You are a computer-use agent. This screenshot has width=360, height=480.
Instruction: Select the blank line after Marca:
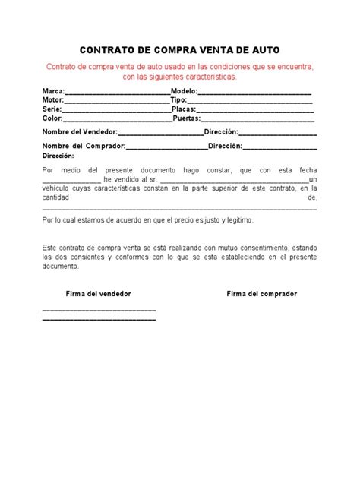click(118, 91)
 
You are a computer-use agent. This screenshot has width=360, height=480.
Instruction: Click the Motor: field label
click(52, 100)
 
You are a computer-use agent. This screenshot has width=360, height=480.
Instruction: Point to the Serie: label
click(52, 109)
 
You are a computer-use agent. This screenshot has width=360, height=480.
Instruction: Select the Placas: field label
click(185, 109)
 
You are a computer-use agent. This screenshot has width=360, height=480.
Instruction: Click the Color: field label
click(52, 118)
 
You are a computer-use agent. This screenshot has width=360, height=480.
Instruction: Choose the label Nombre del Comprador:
click(82, 145)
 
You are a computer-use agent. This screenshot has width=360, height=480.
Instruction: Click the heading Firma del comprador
click(262, 293)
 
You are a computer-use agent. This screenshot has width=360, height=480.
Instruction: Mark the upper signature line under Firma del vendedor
click(99, 311)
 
